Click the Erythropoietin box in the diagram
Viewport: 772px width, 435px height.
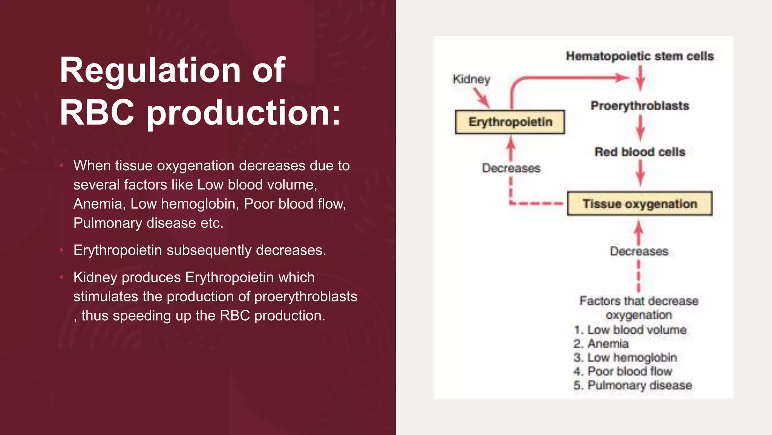coord(510,122)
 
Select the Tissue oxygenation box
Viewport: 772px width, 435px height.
coord(639,204)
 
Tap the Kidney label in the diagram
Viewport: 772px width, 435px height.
coord(471,79)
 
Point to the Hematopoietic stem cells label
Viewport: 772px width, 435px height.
coord(640,56)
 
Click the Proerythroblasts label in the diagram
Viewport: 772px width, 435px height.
coord(640,106)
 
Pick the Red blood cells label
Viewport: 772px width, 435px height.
coord(640,152)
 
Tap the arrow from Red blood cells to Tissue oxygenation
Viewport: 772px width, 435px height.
coord(640,173)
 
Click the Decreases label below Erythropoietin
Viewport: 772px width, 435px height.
coord(511,168)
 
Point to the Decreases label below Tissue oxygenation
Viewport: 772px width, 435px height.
coord(639,251)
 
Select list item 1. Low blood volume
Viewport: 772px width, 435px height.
coord(630,330)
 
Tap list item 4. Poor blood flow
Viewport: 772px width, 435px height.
coord(623,371)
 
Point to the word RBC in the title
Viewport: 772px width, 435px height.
coord(97,113)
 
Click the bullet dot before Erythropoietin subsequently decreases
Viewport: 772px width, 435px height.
coord(61,250)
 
